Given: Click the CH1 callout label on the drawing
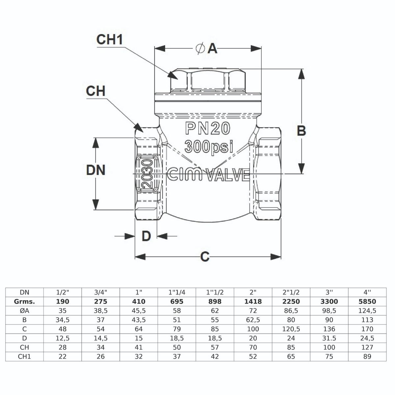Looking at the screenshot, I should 110,39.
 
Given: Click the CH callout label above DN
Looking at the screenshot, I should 95,91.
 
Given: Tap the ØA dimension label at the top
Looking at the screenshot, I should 207,49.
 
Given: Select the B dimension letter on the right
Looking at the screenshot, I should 302,131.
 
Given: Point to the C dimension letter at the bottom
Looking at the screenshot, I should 205,257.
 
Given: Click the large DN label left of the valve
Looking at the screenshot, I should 95,170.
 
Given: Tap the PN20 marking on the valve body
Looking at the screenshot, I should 207,129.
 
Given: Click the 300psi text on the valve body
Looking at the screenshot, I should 209,146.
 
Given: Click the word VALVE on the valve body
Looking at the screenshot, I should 228,175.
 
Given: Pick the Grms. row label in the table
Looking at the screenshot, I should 24,301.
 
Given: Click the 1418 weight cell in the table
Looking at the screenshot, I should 253,301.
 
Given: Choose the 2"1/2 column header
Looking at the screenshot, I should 291,292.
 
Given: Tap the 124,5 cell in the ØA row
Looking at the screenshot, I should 367,310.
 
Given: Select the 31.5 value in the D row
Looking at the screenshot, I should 329,338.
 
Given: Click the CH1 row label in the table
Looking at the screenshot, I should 24,356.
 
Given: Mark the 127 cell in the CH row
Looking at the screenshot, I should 367,347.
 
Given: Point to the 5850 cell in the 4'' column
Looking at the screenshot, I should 367,301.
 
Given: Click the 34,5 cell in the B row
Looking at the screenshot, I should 63,320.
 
